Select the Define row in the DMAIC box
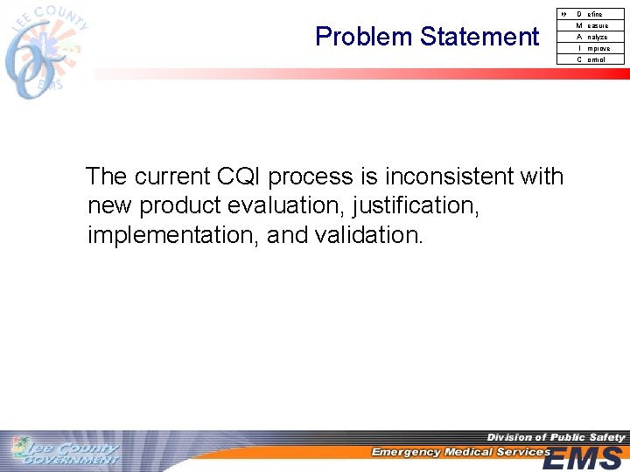click(591, 14)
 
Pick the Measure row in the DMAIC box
click(591, 25)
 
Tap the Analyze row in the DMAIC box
click(591, 37)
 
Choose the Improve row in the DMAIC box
click(591, 48)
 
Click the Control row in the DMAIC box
click(591, 59)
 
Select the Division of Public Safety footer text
click(556, 437)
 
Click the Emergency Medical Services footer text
click(459, 452)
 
